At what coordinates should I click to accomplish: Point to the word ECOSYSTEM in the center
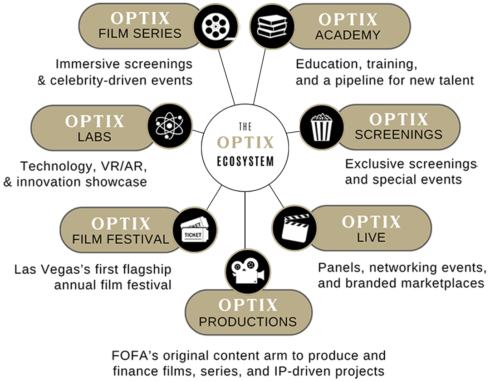pos(245,161)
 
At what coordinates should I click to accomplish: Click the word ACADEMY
pos(348,35)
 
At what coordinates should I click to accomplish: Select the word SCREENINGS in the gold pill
pos(398,135)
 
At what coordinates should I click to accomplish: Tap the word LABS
pos(94,137)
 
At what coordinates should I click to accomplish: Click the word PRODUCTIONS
pos(248,322)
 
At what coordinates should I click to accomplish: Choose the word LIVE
pos(371,237)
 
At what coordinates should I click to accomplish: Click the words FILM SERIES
pos(140,34)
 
